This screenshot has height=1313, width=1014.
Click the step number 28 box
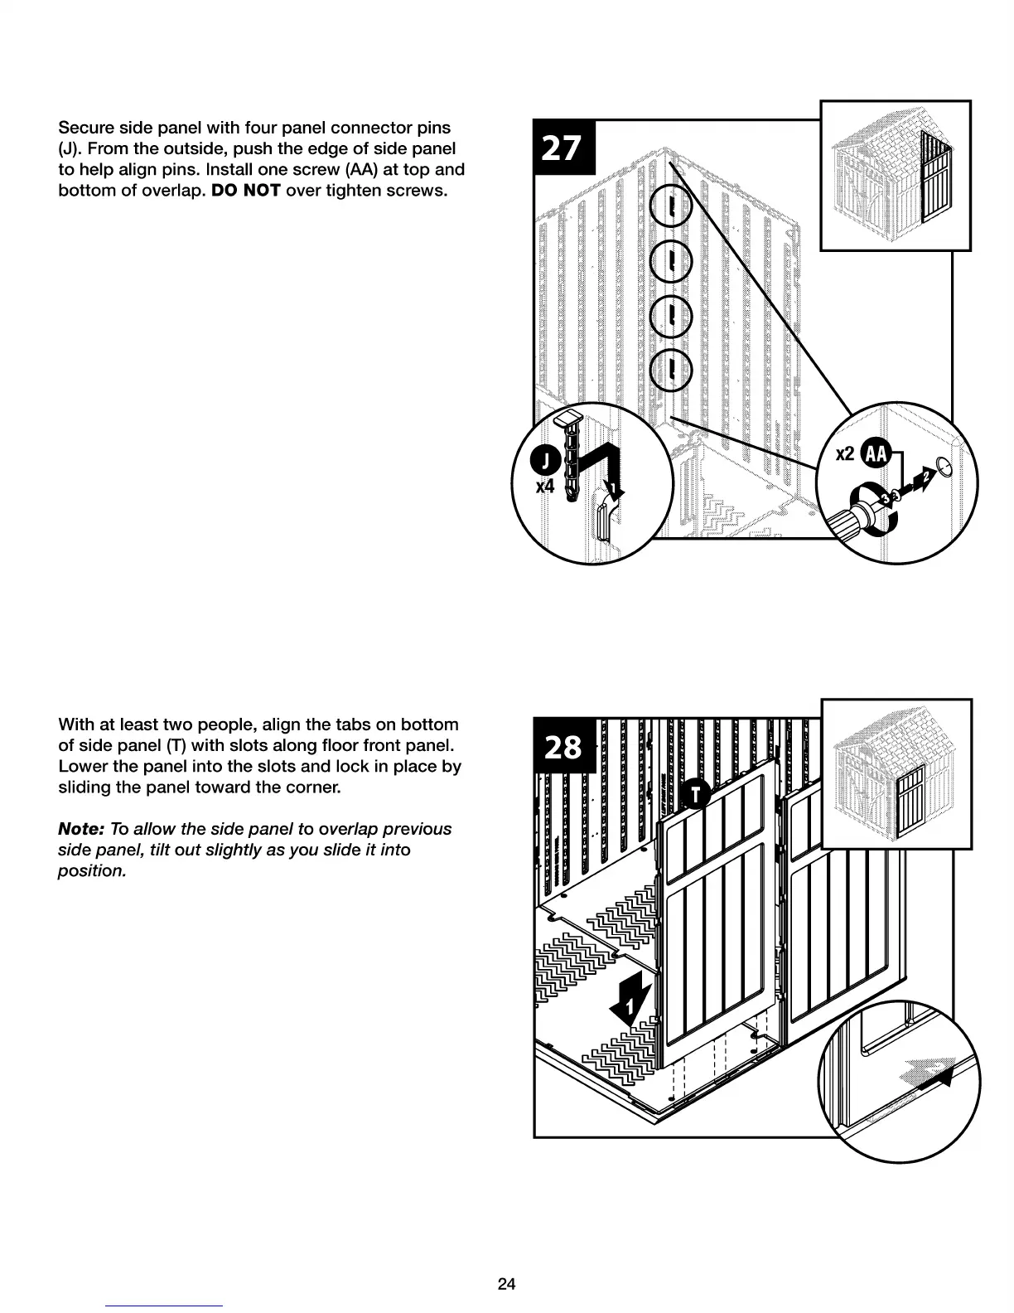point(563,746)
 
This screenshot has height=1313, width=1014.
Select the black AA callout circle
point(876,453)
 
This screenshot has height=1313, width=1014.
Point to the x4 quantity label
point(544,487)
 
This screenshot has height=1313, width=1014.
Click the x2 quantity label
point(845,453)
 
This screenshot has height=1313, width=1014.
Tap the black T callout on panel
point(694,794)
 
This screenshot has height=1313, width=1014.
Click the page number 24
point(506,1284)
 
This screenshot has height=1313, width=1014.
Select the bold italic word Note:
point(80,829)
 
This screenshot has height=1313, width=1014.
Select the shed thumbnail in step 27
point(895,176)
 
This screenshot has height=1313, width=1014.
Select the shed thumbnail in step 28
point(896,773)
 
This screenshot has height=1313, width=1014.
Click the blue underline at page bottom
point(164,1306)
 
